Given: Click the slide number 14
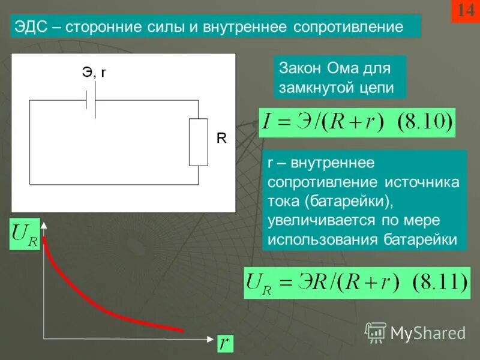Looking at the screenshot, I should pyautogui.click(x=466, y=11).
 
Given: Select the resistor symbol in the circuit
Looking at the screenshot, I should pyautogui.click(x=198, y=142).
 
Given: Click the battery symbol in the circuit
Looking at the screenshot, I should pyautogui.click(x=90, y=100).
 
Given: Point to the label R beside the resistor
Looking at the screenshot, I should pyautogui.click(x=221, y=139).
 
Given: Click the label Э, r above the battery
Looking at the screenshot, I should pyautogui.click(x=94, y=73).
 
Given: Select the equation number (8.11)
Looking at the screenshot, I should pyautogui.click(x=438, y=282).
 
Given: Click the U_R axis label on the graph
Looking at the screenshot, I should pyautogui.click(x=25, y=235).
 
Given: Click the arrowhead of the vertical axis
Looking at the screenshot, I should pyautogui.click(x=44, y=224).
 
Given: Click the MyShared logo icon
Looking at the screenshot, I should pyautogui.click(x=376, y=332).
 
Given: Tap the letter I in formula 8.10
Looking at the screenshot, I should pyautogui.click(x=267, y=124).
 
